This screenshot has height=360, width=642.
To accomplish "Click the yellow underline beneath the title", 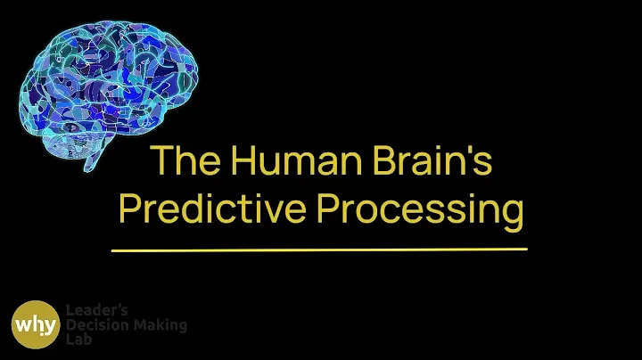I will [319, 250].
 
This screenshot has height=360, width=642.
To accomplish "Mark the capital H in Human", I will [241, 160].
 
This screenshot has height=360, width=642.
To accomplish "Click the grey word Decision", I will [95, 325].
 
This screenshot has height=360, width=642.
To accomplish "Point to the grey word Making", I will [160, 325].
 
